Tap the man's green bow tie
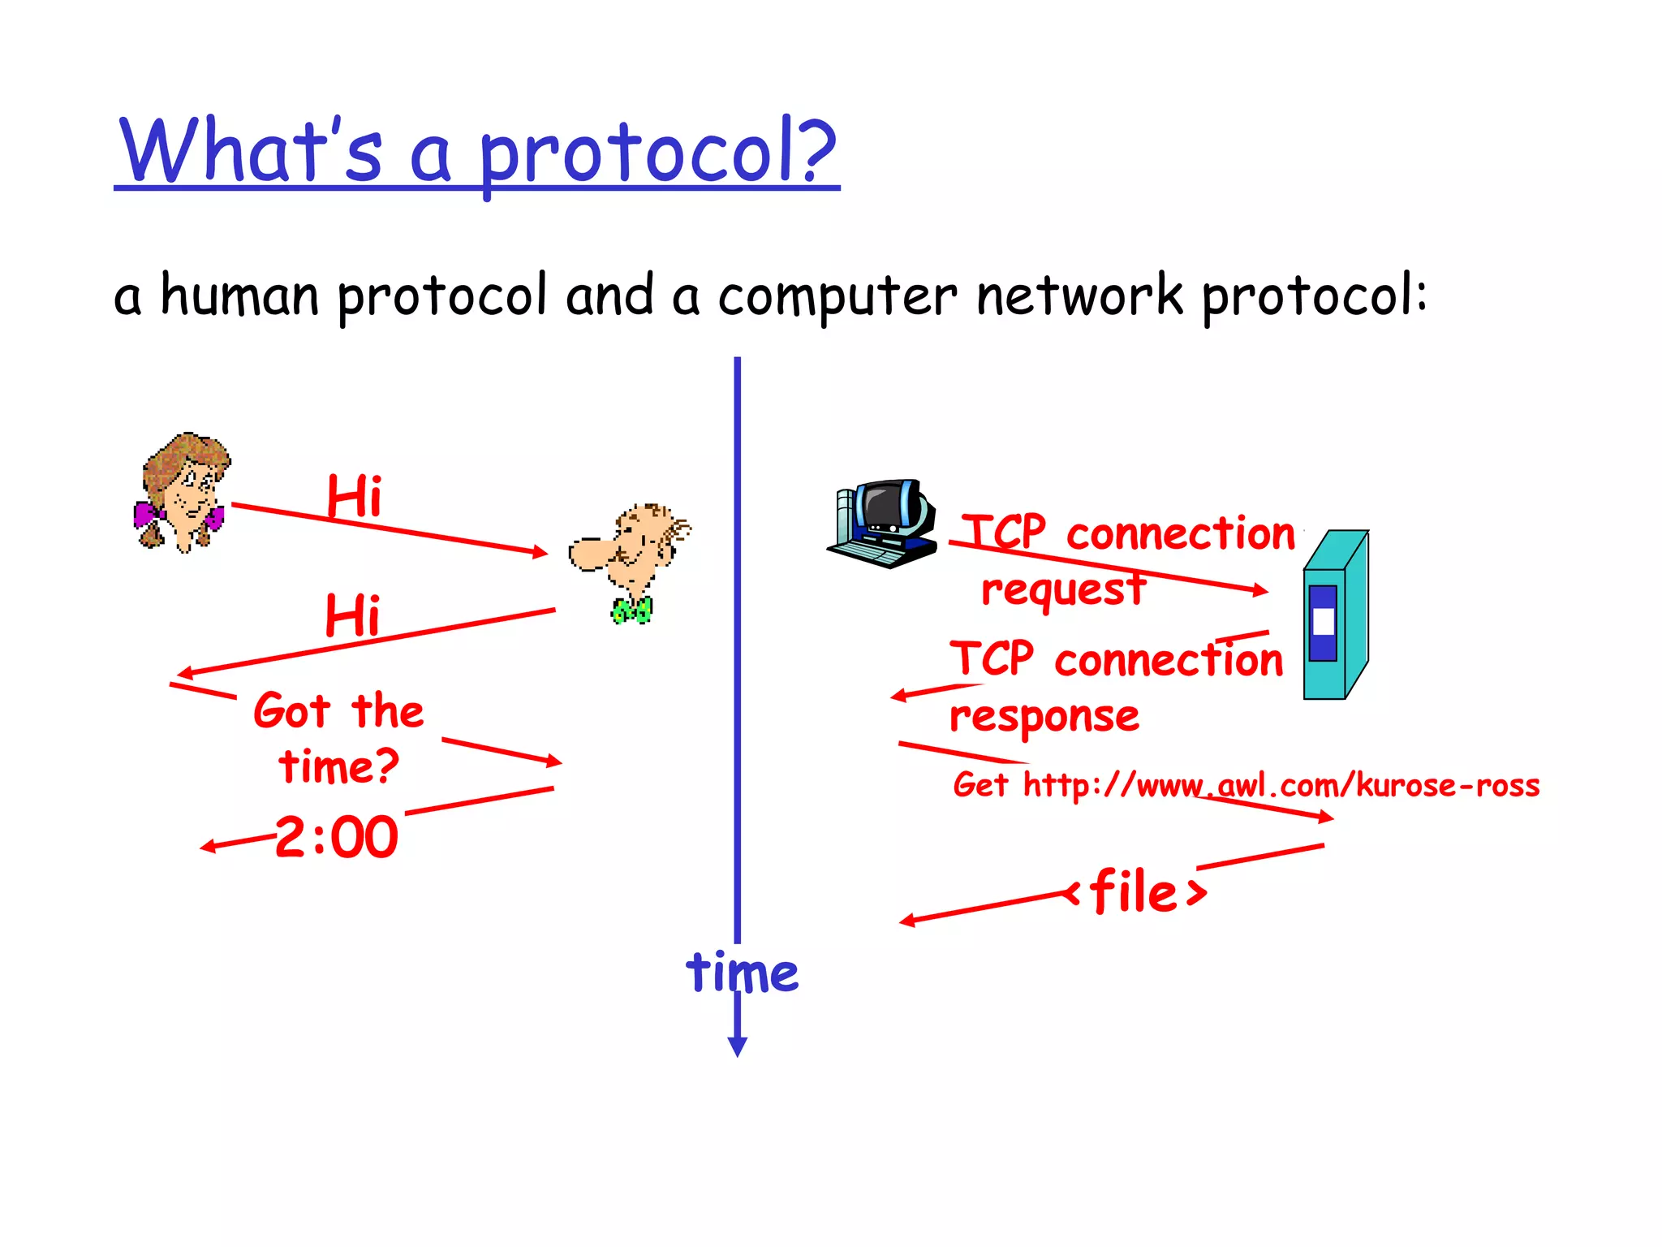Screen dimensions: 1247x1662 point(631,610)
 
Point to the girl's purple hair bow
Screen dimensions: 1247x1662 point(146,515)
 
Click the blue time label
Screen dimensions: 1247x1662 point(742,972)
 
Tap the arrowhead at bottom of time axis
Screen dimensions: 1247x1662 point(737,1046)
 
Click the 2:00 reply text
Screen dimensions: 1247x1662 point(337,837)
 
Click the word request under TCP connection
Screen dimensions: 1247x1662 point(1063,589)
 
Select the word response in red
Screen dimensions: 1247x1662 point(1044,717)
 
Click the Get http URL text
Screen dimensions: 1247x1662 point(1246,785)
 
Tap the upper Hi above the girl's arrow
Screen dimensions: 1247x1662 point(354,496)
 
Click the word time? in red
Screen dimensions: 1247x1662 point(338,766)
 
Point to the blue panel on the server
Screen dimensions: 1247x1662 point(1323,623)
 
